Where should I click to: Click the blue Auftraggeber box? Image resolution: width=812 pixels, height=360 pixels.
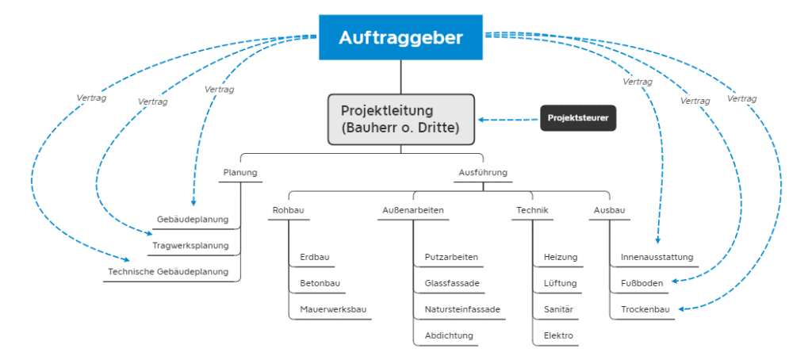(400, 37)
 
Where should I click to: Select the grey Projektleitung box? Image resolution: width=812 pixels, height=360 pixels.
(400, 119)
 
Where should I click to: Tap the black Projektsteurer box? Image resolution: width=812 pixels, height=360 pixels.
(578, 119)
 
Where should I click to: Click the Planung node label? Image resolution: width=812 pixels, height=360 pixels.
(240, 172)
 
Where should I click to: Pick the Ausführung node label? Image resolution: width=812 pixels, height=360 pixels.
(483, 172)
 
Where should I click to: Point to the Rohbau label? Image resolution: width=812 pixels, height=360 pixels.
(289, 210)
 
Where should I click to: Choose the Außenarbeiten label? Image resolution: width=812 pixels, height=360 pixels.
(412, 210)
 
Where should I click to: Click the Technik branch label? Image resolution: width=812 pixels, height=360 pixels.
(532, 210)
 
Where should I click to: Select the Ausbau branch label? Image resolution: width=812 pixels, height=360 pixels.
(610, 210)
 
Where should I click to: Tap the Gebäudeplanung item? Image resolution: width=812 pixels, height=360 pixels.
(193, 220)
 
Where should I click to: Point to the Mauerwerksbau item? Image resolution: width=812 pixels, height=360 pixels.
(333, 309)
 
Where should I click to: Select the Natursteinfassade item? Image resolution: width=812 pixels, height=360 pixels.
(462, 309)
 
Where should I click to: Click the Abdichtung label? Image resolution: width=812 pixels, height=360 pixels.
(449, 335)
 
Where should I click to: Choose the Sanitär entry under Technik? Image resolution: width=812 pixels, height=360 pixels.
(558, 309)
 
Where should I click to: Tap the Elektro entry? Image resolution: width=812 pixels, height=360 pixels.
(558, 335)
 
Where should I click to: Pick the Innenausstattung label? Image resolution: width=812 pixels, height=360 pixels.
(657, 257)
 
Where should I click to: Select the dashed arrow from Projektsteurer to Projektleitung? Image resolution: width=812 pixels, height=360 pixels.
(507, 121)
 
